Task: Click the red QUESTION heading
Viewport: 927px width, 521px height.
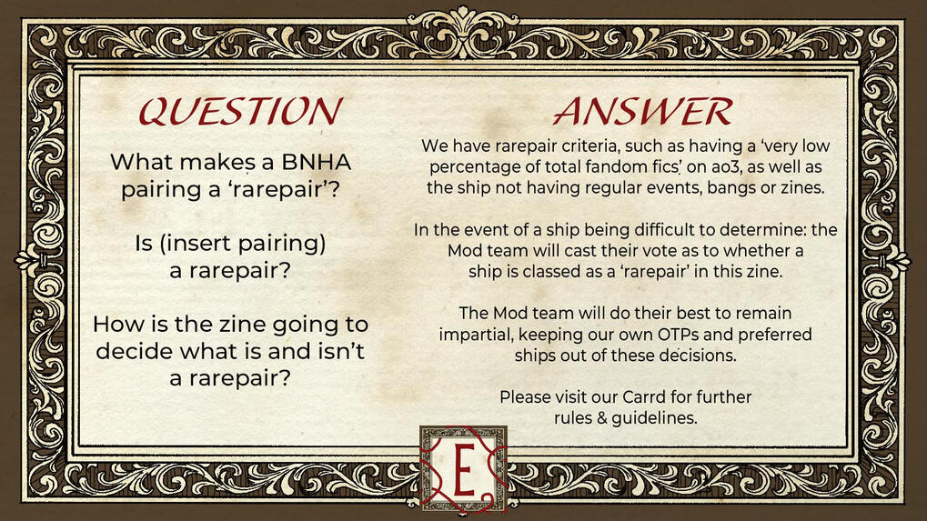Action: pos(240,110)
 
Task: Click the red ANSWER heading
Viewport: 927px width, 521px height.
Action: pos(642,110)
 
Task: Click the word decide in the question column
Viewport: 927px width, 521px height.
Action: pos(135,352)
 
